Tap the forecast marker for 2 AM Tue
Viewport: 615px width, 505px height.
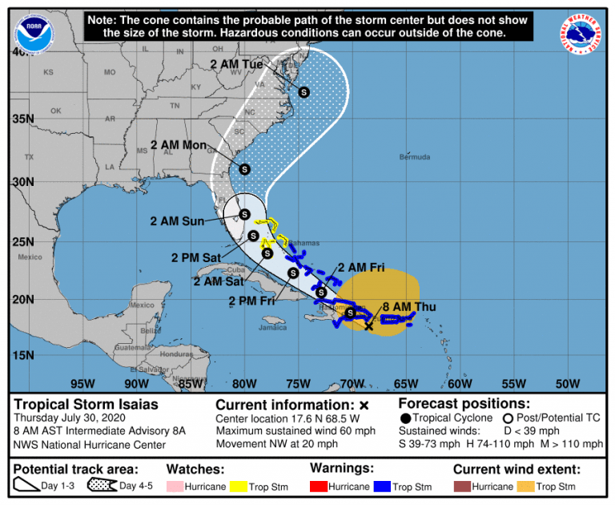point(304,92)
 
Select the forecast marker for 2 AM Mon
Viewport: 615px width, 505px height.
point(244,168)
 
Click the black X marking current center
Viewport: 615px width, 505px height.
point(368,325)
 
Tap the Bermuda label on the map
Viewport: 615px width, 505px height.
point(415,156)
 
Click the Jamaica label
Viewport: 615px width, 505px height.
point(273,327)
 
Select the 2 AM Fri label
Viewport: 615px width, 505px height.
point(361,267)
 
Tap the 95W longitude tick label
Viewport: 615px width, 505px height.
point(78,382)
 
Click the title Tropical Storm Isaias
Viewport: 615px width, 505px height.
point(86,405)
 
